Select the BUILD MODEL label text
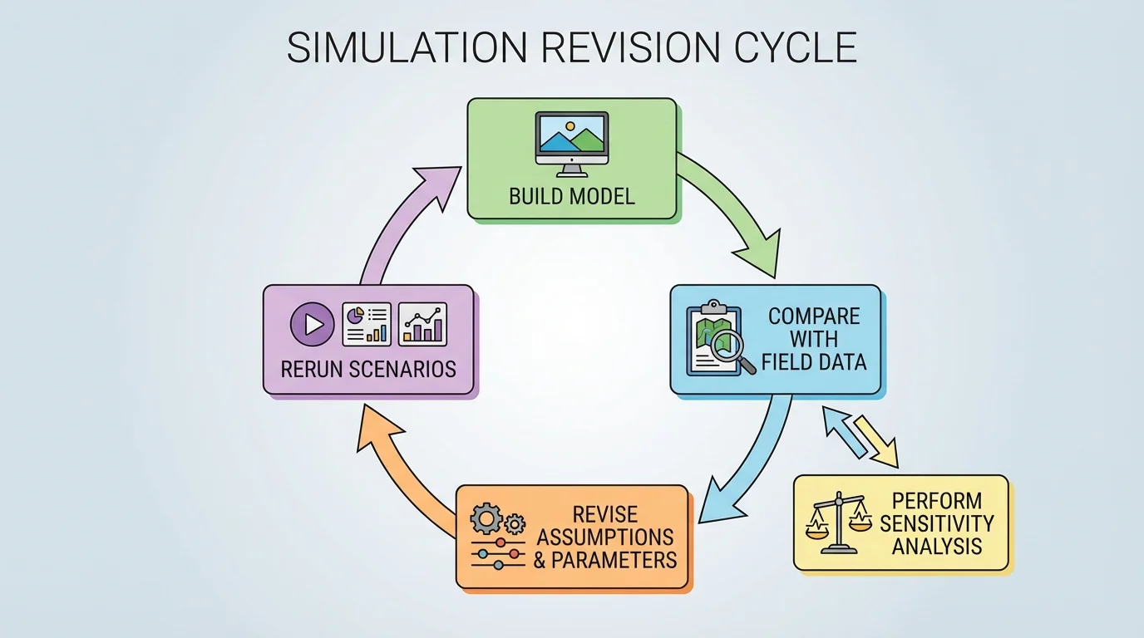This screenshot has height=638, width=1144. (x=572, y=197)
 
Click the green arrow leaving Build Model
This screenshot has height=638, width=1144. (x=732, y=212)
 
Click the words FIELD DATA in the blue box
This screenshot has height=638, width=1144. (x=814, y=362)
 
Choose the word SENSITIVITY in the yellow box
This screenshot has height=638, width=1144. (x=937, y=524)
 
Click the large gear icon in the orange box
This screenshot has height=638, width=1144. (x=486, y=519)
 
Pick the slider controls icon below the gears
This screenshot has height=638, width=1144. (x=497, y=554)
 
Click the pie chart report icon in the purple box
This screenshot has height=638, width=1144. (x=367, y=324)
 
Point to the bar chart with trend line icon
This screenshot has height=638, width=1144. (x=422, y=324)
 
